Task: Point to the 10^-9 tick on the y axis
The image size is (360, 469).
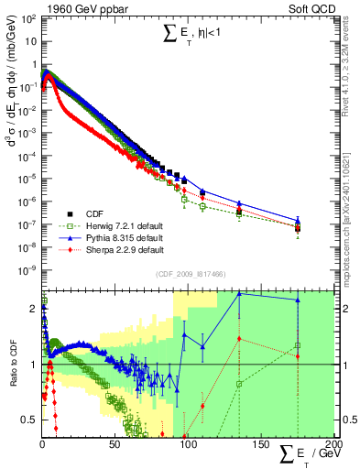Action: (x=27, y=269)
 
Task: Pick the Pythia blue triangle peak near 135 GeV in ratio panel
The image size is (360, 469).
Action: (x=239, y=293)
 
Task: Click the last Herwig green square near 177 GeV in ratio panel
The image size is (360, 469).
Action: (x=297, y=346)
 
